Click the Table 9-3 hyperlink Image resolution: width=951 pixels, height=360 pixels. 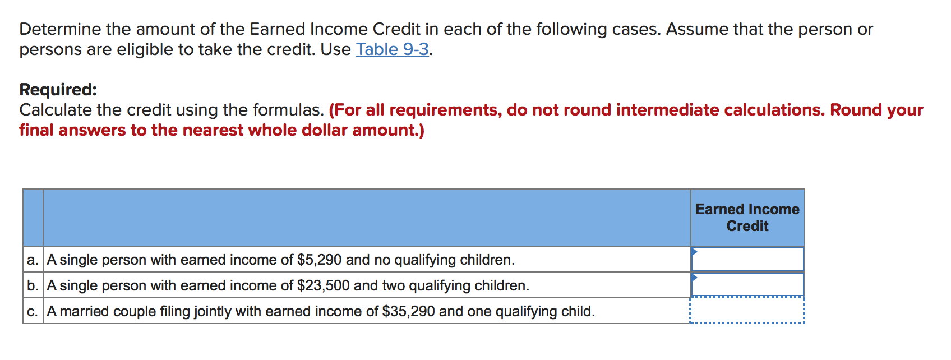pos(392,49)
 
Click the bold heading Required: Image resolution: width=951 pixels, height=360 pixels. pos(58,90)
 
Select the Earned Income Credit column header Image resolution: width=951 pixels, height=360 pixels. pos(747,218)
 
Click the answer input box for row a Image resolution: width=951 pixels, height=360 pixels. pos(748,260)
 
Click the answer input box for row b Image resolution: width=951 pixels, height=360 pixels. pos(748,285)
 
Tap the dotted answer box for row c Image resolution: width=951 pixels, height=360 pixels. pos(748,311)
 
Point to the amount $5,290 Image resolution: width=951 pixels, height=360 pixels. pos(319,260)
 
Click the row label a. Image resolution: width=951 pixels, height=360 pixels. pos(33,260)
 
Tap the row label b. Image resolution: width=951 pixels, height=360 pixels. pos(33,286)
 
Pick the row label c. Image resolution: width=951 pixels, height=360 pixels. pos(33,312)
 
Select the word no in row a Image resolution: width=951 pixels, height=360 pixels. pos(382,260)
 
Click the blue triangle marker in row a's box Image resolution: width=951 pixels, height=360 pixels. pos(694,252)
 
